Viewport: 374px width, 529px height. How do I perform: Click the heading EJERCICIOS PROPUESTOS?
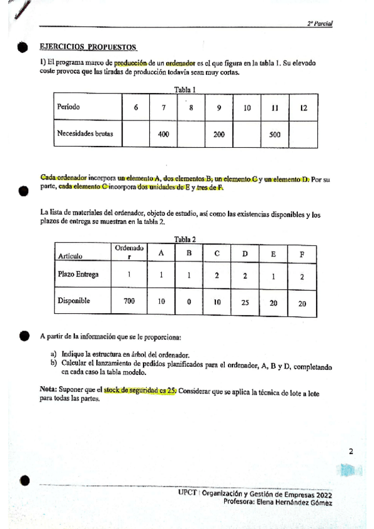[88, 47]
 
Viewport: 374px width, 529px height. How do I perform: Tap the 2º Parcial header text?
[320, 23]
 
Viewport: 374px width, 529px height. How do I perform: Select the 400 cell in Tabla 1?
[164, 133]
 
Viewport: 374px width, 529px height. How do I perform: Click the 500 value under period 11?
[275, 133]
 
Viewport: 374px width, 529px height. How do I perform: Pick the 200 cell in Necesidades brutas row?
[219, 133]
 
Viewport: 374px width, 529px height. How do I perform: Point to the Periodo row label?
[69, 107]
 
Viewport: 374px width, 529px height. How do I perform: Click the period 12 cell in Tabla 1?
[303, 107]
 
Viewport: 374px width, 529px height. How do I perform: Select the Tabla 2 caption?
[185, 239]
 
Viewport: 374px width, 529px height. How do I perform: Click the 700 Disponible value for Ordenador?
[129, 301]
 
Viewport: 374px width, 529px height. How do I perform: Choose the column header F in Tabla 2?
[302, 254]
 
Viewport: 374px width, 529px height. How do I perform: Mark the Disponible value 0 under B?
[189, 301]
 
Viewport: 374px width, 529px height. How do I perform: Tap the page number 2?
[351, 452]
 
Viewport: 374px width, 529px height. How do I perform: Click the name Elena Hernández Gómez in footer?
[294, 502]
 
